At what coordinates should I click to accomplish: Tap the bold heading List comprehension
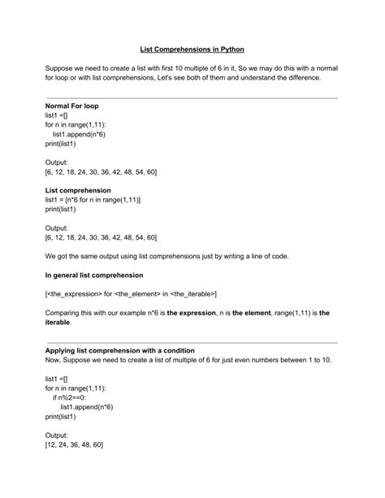[x=78, y=190]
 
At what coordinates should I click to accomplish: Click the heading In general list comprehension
[x=94, y=275]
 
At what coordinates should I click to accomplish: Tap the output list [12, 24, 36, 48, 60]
[x=75, y=444]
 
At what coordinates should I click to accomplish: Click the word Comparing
[x=67, y=312]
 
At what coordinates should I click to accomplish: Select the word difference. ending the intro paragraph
[x=303, y=78]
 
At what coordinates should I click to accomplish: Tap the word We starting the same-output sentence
[x=51, y=256]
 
